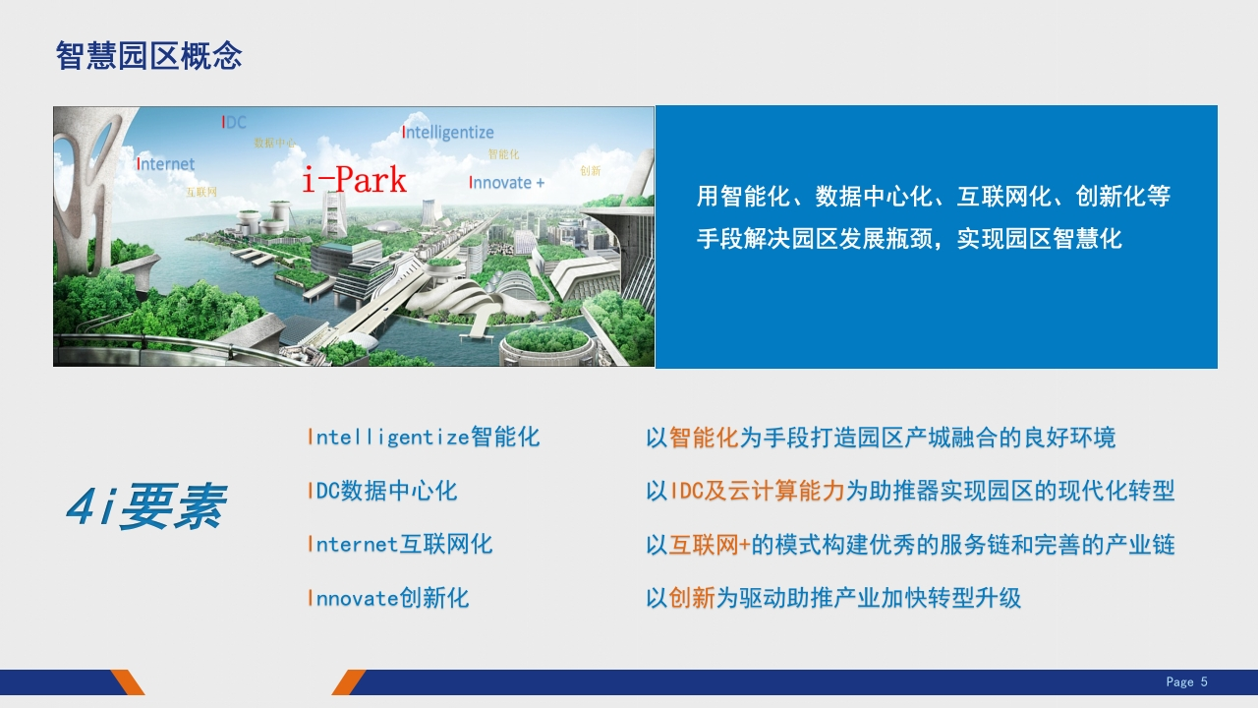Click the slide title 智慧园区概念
(148, 56)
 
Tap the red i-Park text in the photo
(354, 179)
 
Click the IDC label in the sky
(234, 122)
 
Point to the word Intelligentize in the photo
(447, 132)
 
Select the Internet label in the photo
(166, 164)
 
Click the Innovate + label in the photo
(506, 183)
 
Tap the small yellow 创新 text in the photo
(591, 171)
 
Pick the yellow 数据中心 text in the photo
(274, 143)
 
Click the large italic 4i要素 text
(146, 505)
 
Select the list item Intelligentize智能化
(424, 437)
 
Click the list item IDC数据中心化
(382, 491)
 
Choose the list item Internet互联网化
(400, 544)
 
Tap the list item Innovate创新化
(388, 597)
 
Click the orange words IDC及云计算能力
(758, 491)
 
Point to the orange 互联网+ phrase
(710, 545)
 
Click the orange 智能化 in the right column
(704, 438)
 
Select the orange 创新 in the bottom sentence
(692, 597)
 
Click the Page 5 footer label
(1186, 682)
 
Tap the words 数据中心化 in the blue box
(874, 196)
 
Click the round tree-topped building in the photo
(546, 345)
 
